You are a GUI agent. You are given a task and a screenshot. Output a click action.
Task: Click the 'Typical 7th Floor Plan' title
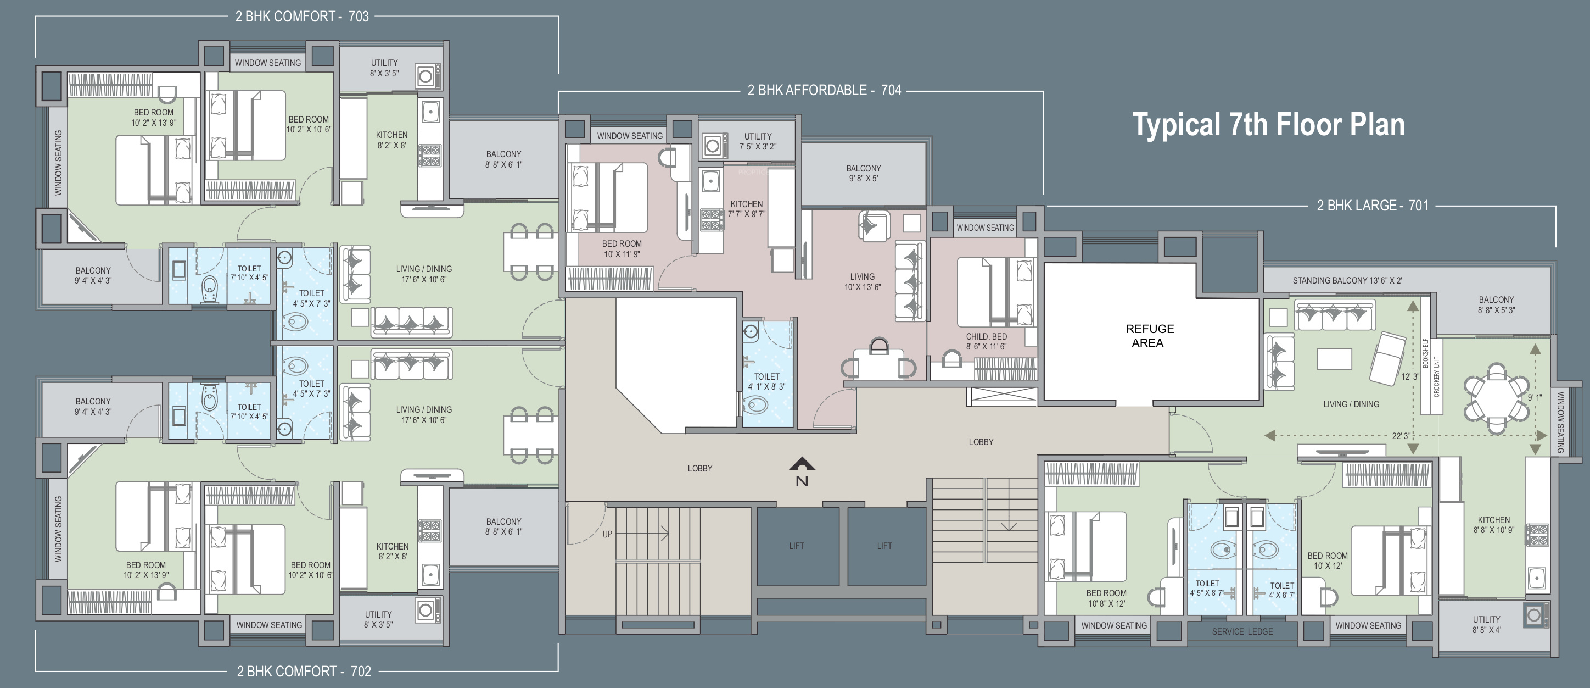[1268, 125]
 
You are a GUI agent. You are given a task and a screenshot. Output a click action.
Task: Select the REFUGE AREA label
[1149, 336]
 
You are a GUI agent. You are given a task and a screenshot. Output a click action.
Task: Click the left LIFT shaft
[797, 546]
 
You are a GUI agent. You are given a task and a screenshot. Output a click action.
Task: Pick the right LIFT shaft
[886, 546]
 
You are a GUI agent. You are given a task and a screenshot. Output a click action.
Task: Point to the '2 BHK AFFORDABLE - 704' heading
[824, 90]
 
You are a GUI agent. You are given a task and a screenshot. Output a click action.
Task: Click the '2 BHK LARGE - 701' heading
[1373, 206]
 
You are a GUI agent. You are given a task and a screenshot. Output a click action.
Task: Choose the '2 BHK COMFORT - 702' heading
[304, 672]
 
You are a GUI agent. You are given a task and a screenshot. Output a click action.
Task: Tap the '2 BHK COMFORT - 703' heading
[302, 16]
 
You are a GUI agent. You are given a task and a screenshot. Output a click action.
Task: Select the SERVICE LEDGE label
[1242, 632]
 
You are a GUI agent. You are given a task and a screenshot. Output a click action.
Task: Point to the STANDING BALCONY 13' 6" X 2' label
[1347, 280]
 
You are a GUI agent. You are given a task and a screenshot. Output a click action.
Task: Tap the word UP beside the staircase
[607, 534]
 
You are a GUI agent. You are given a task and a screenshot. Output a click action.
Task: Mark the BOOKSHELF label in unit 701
[1426, 353]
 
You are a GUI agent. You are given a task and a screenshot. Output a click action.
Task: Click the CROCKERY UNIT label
[1437, 377]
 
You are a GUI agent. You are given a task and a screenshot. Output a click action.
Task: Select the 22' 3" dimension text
[1401, 436]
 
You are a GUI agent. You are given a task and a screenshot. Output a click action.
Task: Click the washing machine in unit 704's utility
[713, 146]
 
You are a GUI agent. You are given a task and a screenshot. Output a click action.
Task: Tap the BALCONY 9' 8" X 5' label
[864, 174]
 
